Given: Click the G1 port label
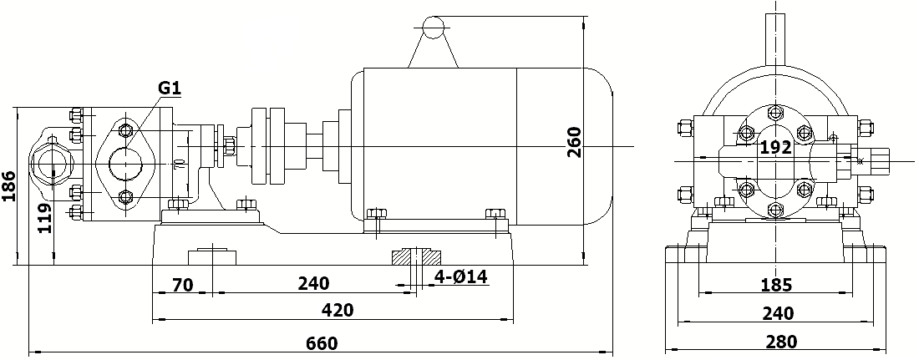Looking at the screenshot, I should click(170, 87).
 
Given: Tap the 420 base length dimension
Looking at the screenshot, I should click(338, 311).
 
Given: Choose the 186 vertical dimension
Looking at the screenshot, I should click(9, 187).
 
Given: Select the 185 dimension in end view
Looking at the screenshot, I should click(776, 285).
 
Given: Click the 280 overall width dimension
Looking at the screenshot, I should click(780, 342).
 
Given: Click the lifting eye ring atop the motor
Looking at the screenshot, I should click(434, 28).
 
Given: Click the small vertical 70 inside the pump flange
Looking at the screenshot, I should click(179, 164).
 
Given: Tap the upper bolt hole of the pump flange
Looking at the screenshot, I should click(126, 129).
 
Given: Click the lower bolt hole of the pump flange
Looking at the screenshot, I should click(126, 197).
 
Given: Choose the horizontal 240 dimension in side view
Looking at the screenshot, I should click(313, 285).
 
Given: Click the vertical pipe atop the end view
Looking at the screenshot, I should click(776, 38).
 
